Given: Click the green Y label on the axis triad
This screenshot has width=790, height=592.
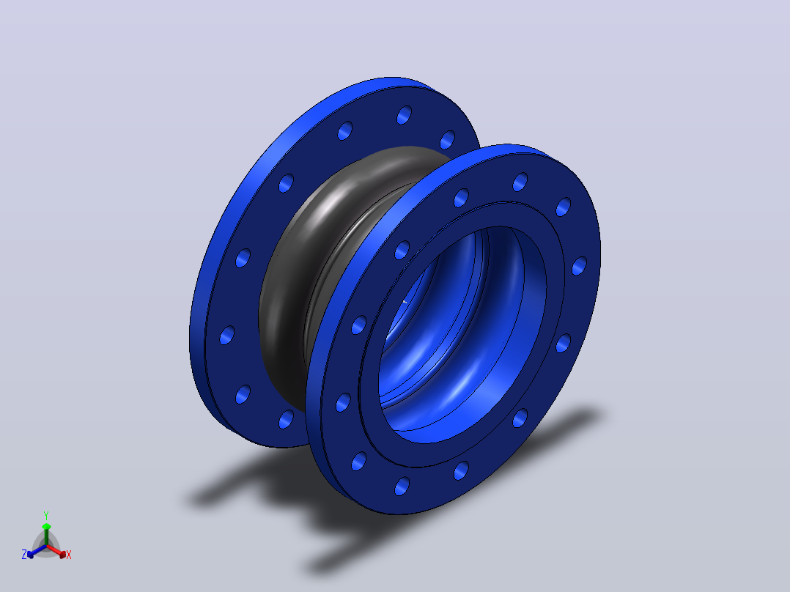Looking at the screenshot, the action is [46, 516].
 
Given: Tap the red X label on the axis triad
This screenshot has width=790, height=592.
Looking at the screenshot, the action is [69, 555].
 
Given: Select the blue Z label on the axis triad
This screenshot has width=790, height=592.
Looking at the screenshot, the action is [24, 554].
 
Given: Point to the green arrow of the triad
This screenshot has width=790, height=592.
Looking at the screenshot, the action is [46, 534].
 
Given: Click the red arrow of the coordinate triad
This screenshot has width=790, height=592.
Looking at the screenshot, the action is [56, 551].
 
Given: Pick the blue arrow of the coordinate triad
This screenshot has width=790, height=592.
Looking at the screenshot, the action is [37, 551].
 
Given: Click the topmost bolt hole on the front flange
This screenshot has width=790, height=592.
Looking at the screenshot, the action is [520, 182].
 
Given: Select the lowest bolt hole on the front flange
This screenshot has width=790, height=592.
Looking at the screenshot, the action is [402, 486].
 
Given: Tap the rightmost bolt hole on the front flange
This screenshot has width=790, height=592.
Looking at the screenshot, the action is [580, 265].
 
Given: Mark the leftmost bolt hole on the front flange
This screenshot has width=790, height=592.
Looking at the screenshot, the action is [343, 402].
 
